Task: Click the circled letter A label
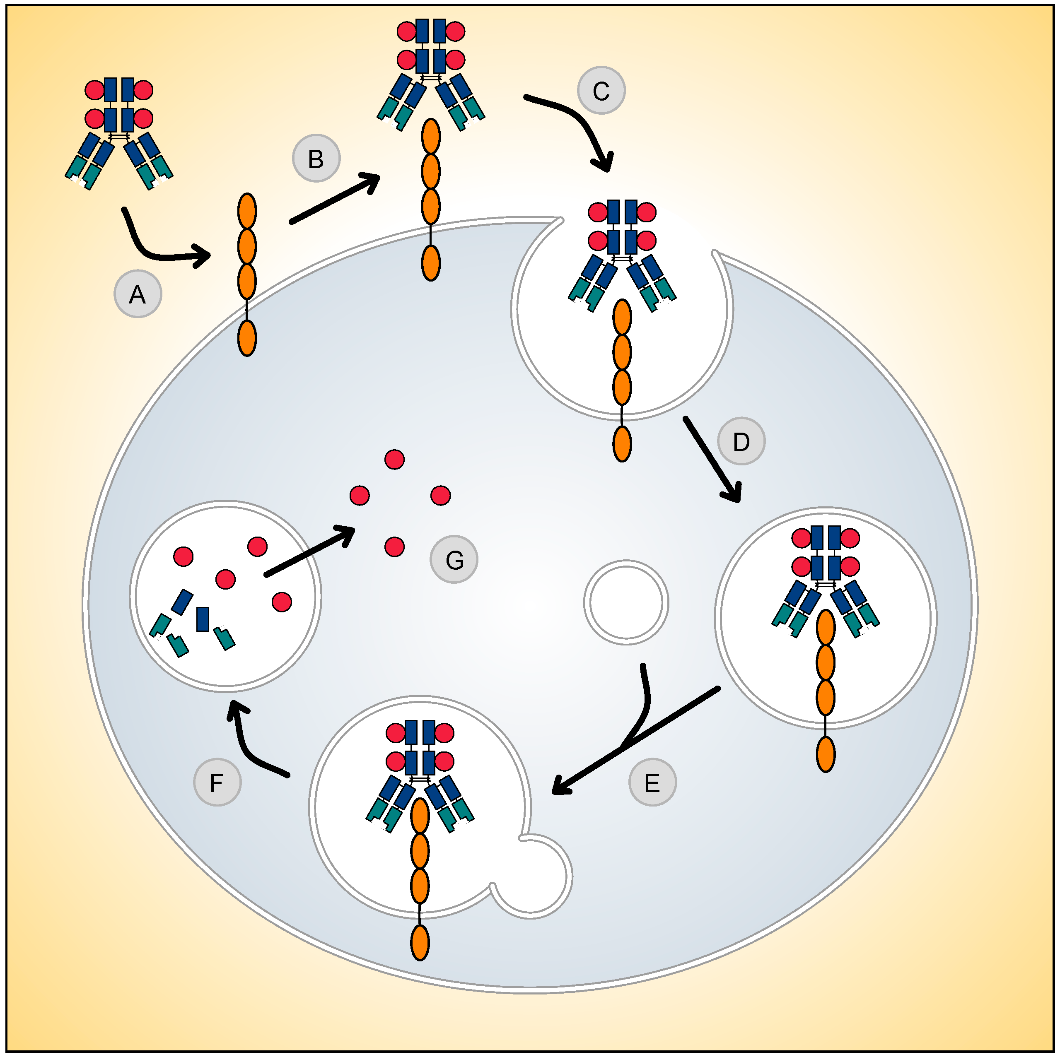(x=137, y=294)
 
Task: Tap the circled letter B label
(x=316, y=159)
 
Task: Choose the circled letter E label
(x=652, y=783)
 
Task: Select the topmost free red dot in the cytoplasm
(x=394, y=460)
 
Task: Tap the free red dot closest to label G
(x=394, y=547)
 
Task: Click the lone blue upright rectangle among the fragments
(x=203, y=619)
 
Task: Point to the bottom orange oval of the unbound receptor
(x=247, y=338)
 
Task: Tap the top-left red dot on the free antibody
(x=94, y=90)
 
